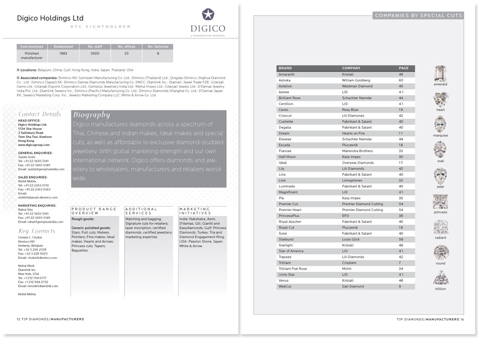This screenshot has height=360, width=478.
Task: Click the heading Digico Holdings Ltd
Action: click(x=51, y=18)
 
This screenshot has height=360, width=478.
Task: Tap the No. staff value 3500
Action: click(x=95, y=53)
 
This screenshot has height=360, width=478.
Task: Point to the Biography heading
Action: click(x=92, y=115)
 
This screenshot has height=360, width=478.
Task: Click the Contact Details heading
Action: click(x=40, y=114)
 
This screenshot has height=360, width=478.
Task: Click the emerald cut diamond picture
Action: click(x=440, y=74)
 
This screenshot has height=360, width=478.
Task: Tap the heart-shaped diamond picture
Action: click(x=440, y=99)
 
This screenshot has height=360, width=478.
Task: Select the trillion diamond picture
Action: click(x=441, y=277)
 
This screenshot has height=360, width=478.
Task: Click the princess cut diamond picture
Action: click(x=440, y=201)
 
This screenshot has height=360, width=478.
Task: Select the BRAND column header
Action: click(x=285, y=68)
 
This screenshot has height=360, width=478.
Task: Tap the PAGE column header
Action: click(x=403, y=68)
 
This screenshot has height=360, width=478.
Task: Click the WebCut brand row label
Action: click(x=285, y=286)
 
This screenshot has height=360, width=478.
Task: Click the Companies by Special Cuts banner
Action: click(x=418, y=15)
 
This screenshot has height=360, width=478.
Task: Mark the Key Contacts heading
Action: click(x=36, y=231)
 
